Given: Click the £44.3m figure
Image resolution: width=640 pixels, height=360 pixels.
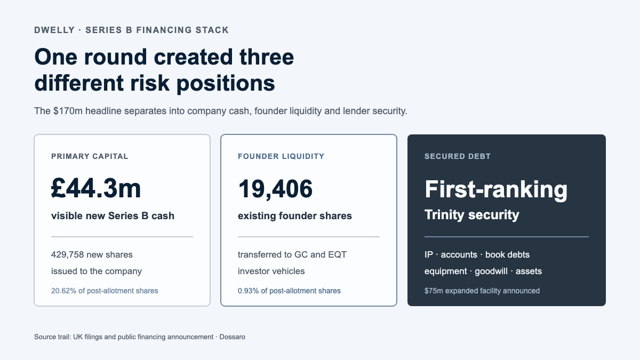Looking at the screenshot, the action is point(96,188).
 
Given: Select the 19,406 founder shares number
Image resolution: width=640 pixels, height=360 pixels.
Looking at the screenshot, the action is point(275,189).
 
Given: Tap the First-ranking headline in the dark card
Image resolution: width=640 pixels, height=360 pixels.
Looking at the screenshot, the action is point(496,190).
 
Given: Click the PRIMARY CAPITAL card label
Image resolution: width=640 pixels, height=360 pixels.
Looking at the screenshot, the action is point(90,156).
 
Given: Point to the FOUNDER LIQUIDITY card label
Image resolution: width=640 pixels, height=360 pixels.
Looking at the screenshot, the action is point(281,156).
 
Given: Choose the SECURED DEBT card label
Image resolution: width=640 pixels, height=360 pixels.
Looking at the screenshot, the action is point(458,156).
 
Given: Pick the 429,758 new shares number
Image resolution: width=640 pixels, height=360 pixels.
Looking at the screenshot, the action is point(67,254).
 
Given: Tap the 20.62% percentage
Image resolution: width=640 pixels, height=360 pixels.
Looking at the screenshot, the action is point(63,291).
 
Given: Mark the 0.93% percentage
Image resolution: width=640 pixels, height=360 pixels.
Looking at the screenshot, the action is point(249,291).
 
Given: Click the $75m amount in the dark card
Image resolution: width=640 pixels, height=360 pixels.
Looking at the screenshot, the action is point(434,291).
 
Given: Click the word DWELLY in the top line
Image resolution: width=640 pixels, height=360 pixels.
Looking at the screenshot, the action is point(54,30).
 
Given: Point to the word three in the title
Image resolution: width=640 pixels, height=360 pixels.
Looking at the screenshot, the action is point(267,57).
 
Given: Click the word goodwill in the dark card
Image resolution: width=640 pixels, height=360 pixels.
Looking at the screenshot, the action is point(491,271).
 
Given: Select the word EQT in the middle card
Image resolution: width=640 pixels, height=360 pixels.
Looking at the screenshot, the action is point(337,254).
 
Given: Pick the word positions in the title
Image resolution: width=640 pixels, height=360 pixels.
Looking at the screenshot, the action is point(226,84).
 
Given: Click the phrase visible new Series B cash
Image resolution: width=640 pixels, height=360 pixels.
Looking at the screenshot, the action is point(113,215).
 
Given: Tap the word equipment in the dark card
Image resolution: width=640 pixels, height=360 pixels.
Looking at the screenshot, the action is point(446,271).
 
